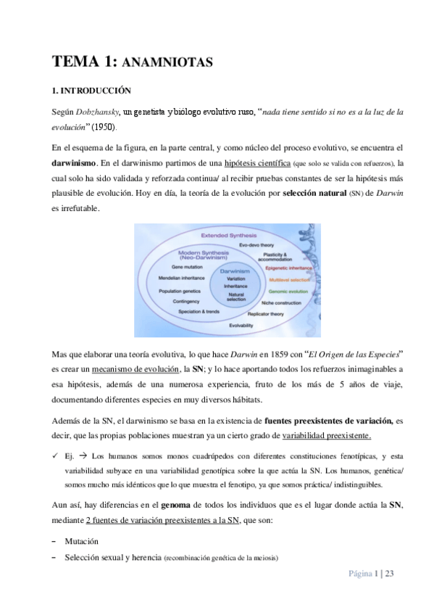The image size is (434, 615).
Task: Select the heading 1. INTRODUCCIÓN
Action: click(91, 91)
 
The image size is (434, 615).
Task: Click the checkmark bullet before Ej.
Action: click(55, 457)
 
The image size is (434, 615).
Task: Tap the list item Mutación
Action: click(81, 542)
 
